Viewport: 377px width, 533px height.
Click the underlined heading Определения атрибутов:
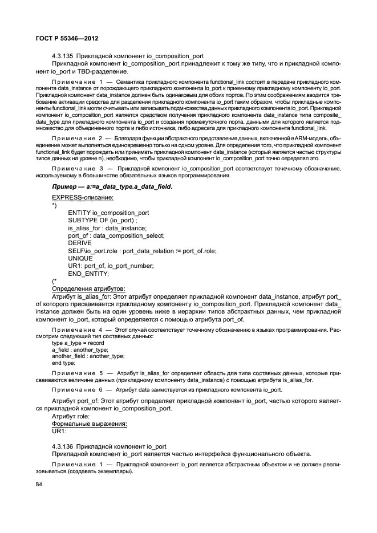coord(88,288)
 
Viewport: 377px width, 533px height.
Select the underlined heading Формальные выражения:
coord(89,424)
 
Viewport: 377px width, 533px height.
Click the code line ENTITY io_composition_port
coord(108,213)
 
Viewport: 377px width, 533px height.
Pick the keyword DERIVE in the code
coord(80,243)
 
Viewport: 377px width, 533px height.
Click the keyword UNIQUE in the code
coord(80,258)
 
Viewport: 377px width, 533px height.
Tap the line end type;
coord(63,363)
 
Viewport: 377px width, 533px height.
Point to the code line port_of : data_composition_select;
coord(116,235)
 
